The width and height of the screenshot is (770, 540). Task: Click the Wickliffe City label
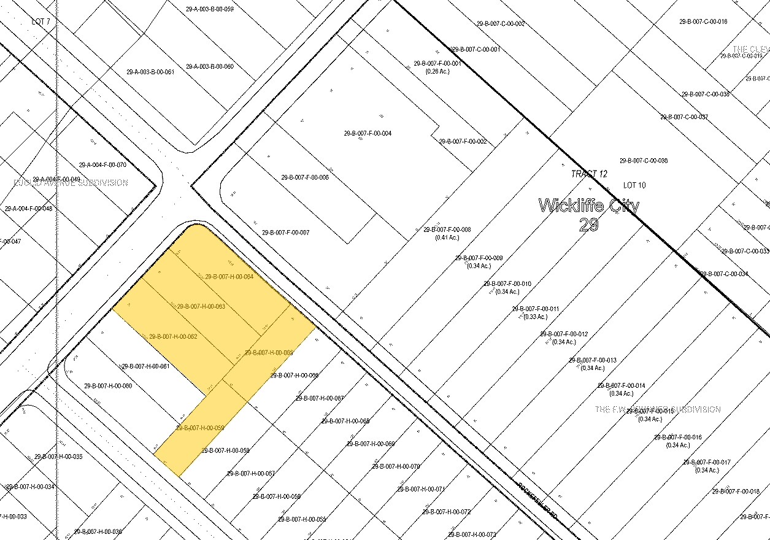pyautogui.click(x=588, y=206)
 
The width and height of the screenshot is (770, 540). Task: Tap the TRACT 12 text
pyautogui.click(x=589, y=174)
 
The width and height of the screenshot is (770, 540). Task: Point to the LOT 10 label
pyautogui.click(x=634, y=185)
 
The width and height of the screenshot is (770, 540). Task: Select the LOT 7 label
pyautogui.click(x=40, y=21)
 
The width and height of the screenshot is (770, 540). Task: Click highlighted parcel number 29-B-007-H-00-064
pyautogui.click(x=229, y=276)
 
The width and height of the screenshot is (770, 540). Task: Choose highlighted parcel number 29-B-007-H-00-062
pyautogui.click(x=173, y=336)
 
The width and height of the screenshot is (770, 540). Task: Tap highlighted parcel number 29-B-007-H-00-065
pyautogui.click(x=269, y=352)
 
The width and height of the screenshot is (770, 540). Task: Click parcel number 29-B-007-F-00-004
pyautogui.click(x=368, y=133)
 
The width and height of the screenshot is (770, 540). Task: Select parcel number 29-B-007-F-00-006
pyautogui.click(x=305, y=177)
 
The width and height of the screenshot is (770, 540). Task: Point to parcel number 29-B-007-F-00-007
pyautogui.click(x=286, y=233)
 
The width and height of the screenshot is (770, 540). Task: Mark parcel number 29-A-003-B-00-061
pyautogui.click(x=150, y=72)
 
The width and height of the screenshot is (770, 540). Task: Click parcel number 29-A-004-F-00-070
pyautogui.click(x=102, y=164)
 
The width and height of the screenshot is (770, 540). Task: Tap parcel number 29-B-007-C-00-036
pyautogui.click(x=644, y=161)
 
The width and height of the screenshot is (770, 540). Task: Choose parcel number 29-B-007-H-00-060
pyautogui.click(x=108, y=386)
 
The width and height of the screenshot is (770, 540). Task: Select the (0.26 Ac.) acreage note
pyautogui.click(x=437, y=71)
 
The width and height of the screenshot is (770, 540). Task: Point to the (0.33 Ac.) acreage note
pyautogui.click(x=535, y=317)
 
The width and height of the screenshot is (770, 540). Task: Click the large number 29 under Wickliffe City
pyautogui.click(x=588, y=225)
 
